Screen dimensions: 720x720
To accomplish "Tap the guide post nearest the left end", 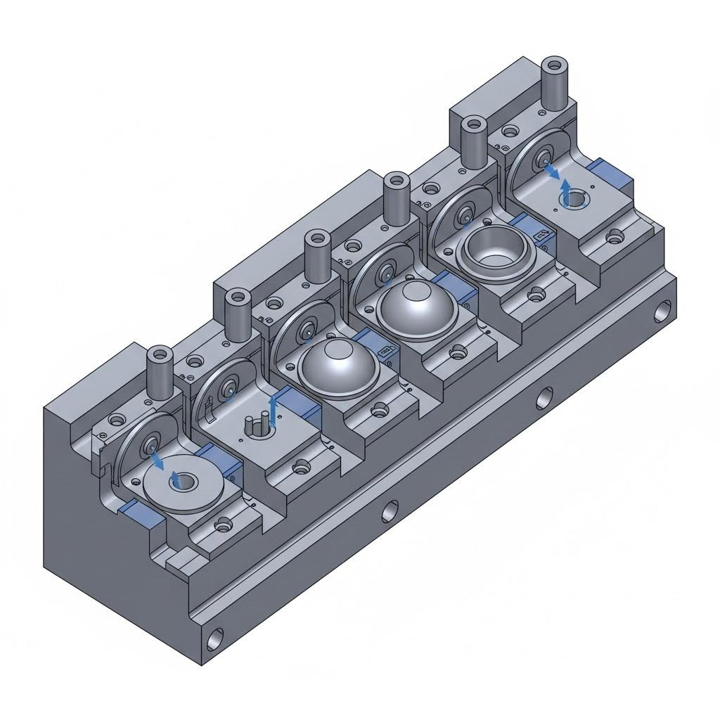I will (159, 373).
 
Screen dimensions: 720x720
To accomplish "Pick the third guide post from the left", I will (318, 257).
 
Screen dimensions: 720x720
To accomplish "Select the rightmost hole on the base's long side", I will (663, 309).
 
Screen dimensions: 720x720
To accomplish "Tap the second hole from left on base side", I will (390, 511).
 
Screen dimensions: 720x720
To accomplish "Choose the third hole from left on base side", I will (544, 397).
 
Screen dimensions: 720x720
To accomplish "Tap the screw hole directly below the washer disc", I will (224, 524).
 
